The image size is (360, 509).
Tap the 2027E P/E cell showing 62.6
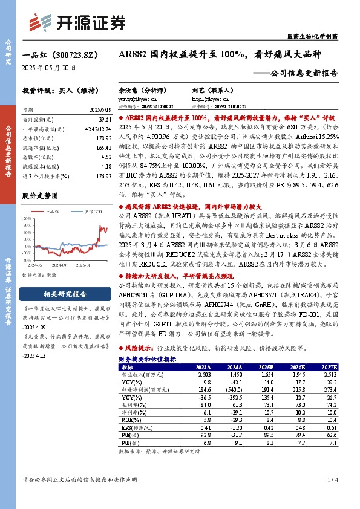point(329,435)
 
